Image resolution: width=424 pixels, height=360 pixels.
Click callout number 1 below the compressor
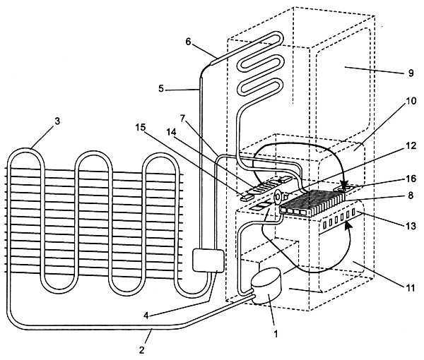[x=276, y=334]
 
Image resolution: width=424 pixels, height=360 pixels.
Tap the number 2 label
[x=142, y=350]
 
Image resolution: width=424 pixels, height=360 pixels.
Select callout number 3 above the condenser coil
[x=57, y=121]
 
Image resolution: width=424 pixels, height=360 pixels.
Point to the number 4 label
[x=146, y=316]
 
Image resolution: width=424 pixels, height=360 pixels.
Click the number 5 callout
[x=161, y=88]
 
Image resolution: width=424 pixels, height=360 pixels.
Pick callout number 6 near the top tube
[x=188, y=42]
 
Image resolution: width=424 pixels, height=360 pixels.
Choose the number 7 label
[x=182, y=119]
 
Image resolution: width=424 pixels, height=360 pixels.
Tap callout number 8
[x=411, y=196]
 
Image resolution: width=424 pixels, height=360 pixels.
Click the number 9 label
[x=411, y=73]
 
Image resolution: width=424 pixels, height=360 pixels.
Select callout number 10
[x=411, y=101]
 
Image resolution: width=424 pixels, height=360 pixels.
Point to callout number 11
[x=411, y=288]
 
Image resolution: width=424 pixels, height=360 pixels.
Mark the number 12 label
[x=411, y=145]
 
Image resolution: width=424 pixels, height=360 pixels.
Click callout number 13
[x=411, y=226]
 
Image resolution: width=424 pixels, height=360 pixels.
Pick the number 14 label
[x=171, y=132]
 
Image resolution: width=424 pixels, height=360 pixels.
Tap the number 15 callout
[x=141, y=127]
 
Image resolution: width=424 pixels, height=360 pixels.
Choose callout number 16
[x=411, y=179]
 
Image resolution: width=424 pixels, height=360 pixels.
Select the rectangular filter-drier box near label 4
[x=208, y=260]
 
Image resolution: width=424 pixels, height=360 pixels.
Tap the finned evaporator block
[x=312, y=203]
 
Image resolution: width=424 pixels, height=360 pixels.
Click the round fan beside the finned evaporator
[x=278, y=197]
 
